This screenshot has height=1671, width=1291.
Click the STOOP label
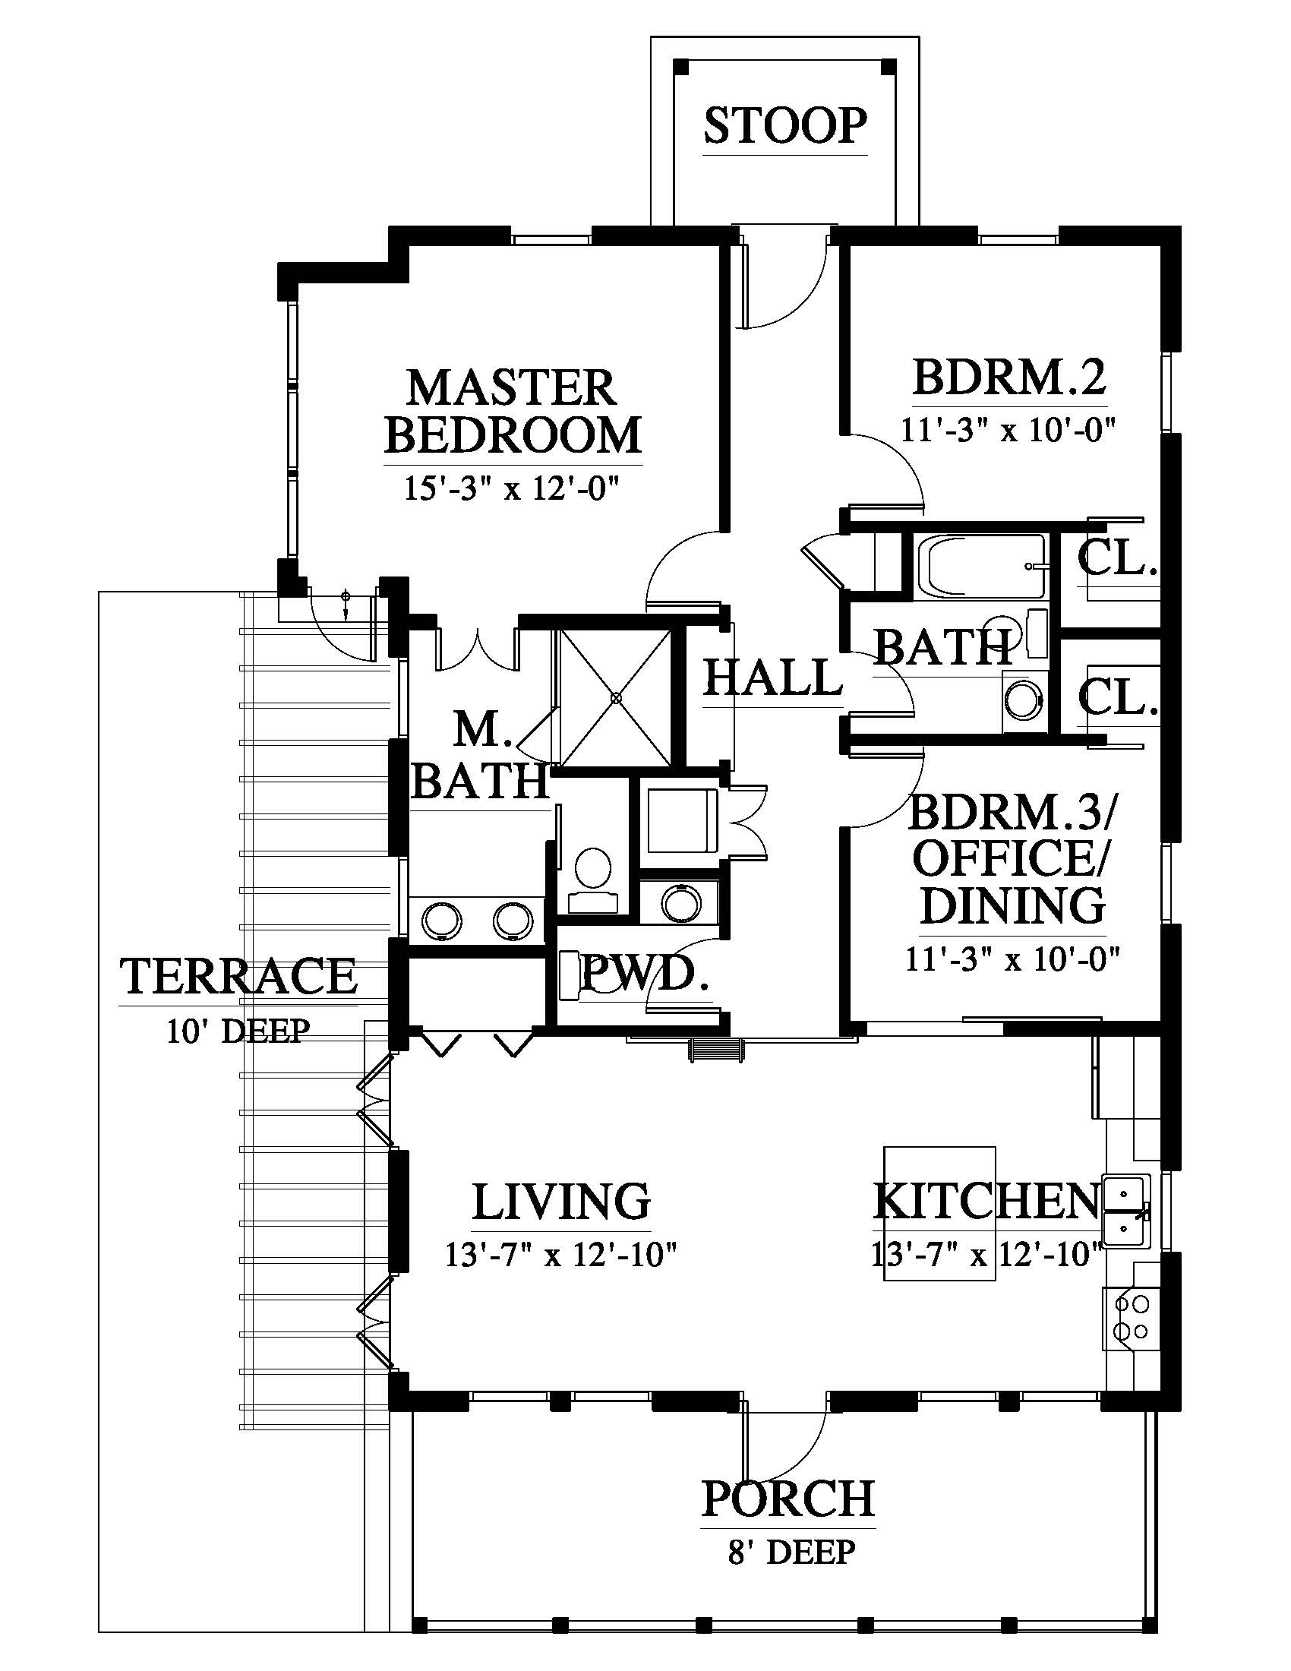point(785,126)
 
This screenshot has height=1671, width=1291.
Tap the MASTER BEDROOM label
point(513,411)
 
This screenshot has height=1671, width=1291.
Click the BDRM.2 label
point(1009,377)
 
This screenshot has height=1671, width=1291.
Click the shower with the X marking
point(616,697)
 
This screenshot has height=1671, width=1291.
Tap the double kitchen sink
point(1125,1212)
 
